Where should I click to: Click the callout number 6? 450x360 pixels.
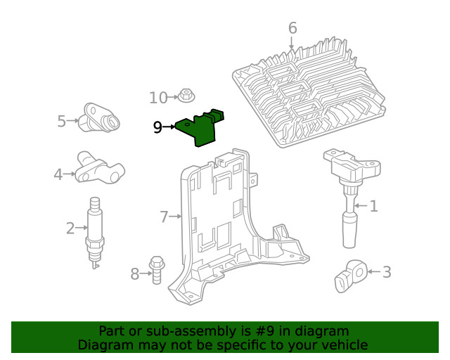tap(292, 29)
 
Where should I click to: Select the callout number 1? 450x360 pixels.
tap(374, 206)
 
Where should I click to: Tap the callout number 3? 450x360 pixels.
tap(387, 271)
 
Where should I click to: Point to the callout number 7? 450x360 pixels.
tap(164, 217)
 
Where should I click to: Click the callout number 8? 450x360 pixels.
tap(135, 274)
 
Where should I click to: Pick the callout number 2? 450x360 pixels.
tap(70, 228)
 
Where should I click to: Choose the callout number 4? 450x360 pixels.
tap(58, 173)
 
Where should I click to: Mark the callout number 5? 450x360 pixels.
tap(62, 122)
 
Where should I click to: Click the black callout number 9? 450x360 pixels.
tap(157, 127)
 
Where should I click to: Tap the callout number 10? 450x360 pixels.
tap(158, 97)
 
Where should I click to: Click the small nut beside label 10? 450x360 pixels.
tap(186, 95)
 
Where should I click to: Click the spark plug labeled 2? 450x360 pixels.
tap(94, 232)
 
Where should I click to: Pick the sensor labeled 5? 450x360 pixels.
tap(100, 117)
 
